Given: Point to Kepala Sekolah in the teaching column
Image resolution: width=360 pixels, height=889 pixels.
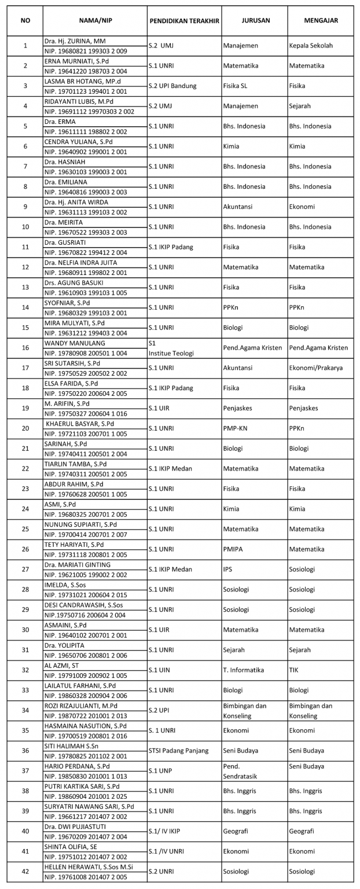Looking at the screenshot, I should (311, 45).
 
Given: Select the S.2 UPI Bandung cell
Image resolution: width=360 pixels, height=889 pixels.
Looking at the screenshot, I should (172, 86).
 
